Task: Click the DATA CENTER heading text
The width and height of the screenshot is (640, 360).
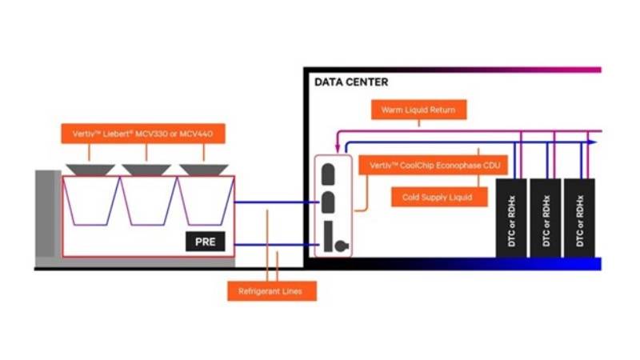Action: [351, 82]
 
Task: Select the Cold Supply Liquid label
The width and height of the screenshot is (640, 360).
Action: [438, 197]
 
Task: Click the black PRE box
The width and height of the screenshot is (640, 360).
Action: [206, 241]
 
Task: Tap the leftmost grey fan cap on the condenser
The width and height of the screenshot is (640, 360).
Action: [90, 170]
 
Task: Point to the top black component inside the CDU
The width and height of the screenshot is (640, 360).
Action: [328, 172]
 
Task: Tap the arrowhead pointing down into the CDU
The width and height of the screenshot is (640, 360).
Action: [338, 147]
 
